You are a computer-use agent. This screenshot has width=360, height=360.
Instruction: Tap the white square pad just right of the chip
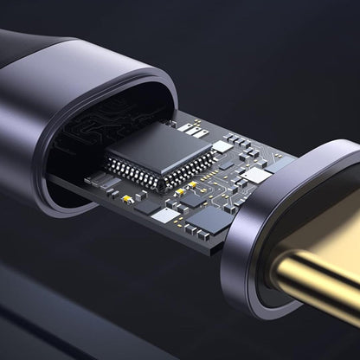click(222, 146)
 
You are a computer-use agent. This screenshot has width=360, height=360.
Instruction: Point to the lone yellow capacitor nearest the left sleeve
click(127, 198)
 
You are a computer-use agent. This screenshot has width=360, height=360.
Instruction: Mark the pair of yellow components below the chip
click(182, 190)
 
